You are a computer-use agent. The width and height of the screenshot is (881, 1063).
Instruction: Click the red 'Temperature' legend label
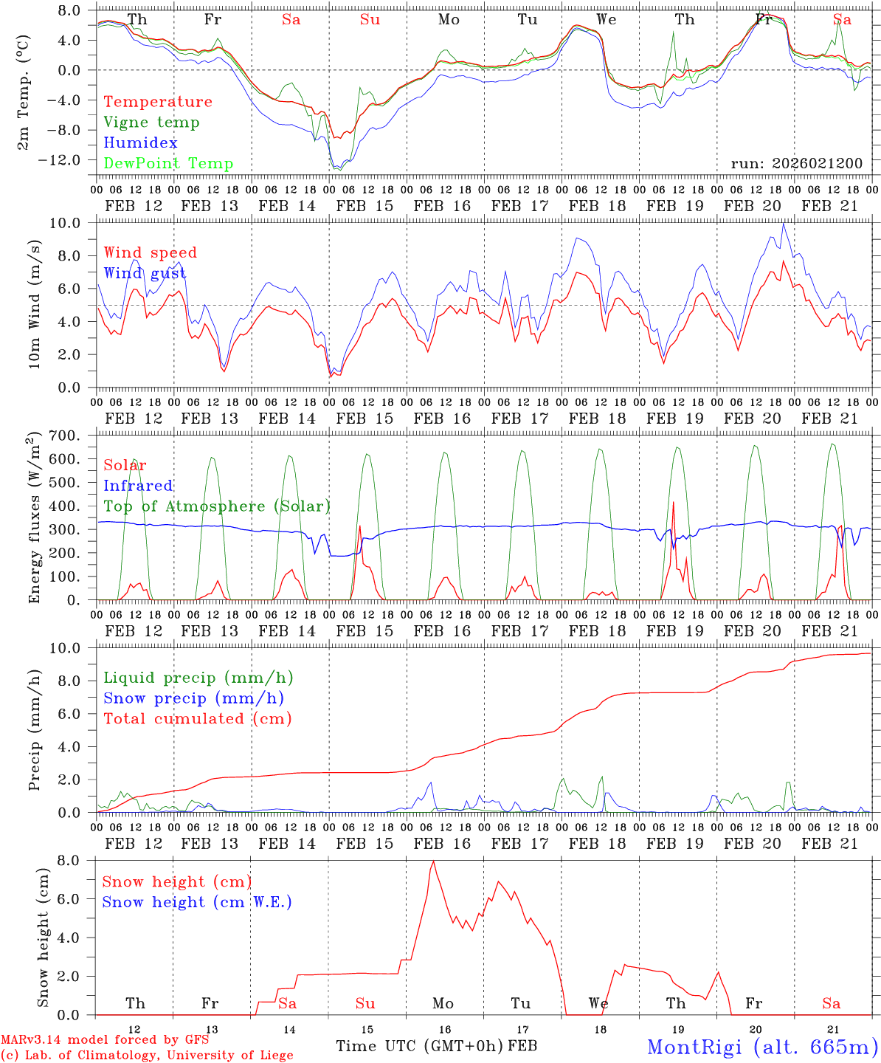158,102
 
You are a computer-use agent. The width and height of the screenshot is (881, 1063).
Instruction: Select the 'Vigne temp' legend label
151,123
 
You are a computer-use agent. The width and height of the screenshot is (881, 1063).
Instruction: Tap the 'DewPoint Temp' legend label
168,164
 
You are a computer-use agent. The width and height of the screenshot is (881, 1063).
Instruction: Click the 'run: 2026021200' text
796,163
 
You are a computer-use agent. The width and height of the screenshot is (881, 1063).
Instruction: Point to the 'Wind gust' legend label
145,273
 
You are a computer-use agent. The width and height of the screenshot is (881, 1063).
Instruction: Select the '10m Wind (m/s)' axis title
34,304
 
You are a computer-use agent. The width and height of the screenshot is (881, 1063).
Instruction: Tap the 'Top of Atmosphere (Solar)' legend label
217,506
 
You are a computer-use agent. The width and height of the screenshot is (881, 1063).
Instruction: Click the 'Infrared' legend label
138,486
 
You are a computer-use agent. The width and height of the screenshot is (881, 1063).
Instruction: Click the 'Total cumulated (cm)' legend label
198,719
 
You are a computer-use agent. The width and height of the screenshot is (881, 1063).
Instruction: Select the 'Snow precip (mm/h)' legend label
194,698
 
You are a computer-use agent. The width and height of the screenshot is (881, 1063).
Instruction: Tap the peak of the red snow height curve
433,861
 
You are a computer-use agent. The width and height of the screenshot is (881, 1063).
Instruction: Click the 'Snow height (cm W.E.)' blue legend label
197,902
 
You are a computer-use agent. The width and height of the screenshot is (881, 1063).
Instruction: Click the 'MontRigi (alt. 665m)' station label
762,1046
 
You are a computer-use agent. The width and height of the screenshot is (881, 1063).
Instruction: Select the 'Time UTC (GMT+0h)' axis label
420,1046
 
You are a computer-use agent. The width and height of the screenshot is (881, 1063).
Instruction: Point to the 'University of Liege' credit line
147,1056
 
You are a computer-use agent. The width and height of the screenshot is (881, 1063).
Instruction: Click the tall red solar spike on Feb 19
673,503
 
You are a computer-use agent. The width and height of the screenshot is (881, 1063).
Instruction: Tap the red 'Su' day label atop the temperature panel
370,20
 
